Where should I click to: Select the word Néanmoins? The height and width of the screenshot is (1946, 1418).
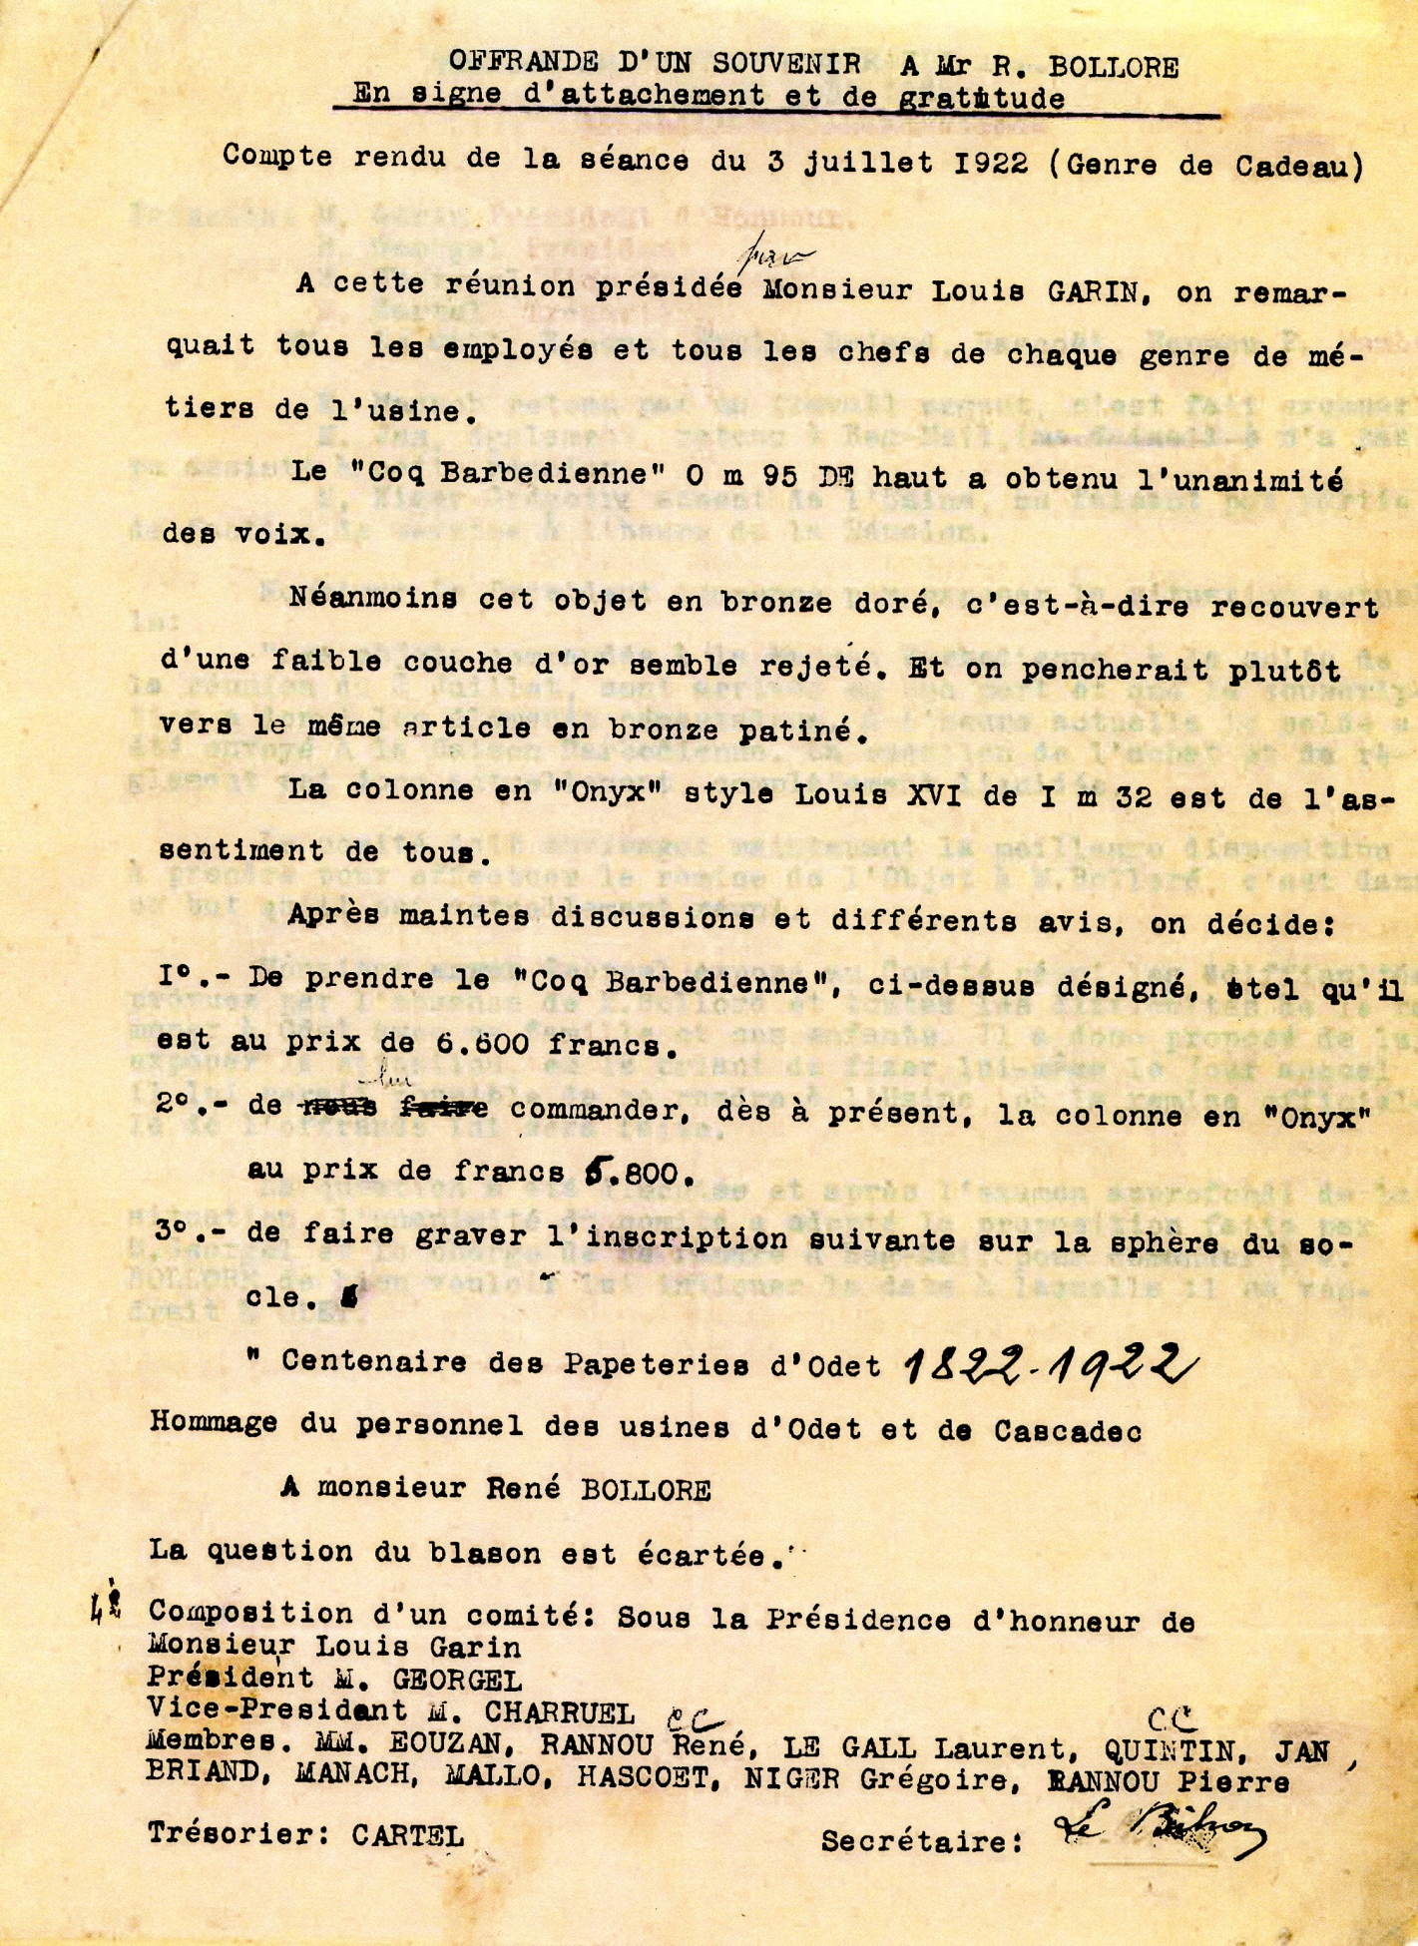tap(373, 598)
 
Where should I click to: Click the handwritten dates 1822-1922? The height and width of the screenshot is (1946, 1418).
tap(1048, 1362)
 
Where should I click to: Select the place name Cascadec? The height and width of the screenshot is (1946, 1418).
tap(1067, 1431)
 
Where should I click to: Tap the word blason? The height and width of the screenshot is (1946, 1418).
tap(481, 1553)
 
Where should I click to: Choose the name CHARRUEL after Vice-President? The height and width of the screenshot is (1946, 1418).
tap(559, 1712)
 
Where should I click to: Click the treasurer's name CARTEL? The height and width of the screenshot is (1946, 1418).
tap(407, 1834)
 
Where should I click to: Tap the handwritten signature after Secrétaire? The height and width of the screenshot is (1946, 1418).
tap(1158, 1829)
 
